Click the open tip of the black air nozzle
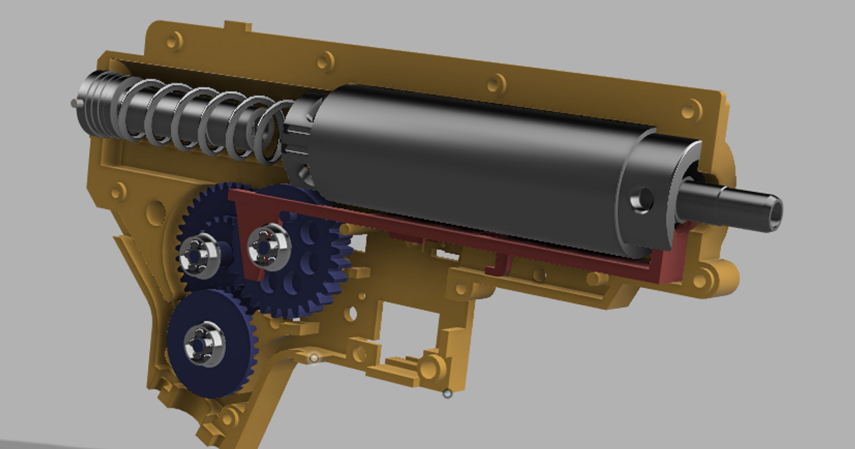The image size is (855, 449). click(x=774, y=210)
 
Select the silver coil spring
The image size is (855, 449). click(x=207, y=121)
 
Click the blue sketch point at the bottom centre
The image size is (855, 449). click(x=447, y=393)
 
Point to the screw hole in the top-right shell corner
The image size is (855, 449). click(x=688, y=110)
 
